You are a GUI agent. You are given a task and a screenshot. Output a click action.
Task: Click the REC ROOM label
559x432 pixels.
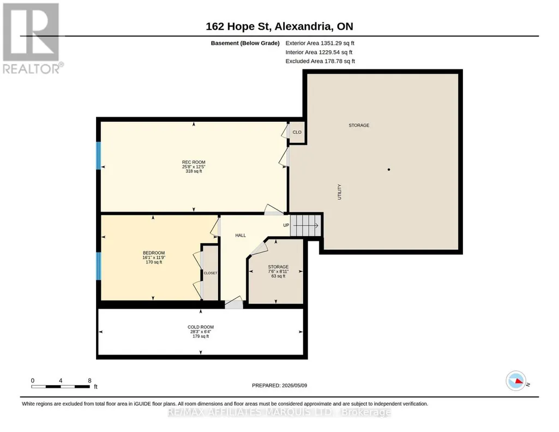click(x=194, y=162)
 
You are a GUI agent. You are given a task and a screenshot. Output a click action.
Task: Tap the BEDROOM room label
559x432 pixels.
click(x=154, y=253)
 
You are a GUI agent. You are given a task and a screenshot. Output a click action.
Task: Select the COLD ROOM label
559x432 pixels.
click(x=201, y=327)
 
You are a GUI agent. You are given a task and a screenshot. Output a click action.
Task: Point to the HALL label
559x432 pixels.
click(x=241, y=235)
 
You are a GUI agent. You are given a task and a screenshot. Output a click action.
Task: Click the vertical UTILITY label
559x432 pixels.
click(x=339, y=192)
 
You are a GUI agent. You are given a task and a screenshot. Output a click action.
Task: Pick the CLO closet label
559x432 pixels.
click(x=297, y=132)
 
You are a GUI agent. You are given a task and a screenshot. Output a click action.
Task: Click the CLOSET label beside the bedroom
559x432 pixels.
click(x=211, y=273)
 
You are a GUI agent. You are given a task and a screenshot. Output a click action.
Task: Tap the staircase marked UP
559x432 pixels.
click(x=305, y=225)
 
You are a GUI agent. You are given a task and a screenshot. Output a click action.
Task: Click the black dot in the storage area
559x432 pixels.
click(x=389, y=170)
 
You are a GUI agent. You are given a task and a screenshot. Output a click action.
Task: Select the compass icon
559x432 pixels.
click(x=516, y=381)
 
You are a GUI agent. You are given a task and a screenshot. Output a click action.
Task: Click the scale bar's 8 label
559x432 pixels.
click(x=89, y=381)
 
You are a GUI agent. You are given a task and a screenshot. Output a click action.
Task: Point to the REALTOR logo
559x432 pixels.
click(x=32, y=38)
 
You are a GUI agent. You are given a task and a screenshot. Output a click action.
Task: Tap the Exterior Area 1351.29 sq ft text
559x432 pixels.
click(x=320, y=43)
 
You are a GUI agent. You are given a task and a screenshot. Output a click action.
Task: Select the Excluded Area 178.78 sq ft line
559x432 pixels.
click(x=320, y=61)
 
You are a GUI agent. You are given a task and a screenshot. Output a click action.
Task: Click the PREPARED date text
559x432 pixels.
click(x=279, y=385)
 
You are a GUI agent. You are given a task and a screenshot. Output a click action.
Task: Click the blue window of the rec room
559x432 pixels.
click(x=98, y=156)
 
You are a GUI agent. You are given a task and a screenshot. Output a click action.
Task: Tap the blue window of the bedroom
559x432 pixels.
click(x=98, y=266)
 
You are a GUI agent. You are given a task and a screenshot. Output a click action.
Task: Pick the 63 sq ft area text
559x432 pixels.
click(x=279, y=276)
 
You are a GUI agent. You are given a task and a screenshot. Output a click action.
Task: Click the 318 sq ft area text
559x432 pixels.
click(x=194, y=171)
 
